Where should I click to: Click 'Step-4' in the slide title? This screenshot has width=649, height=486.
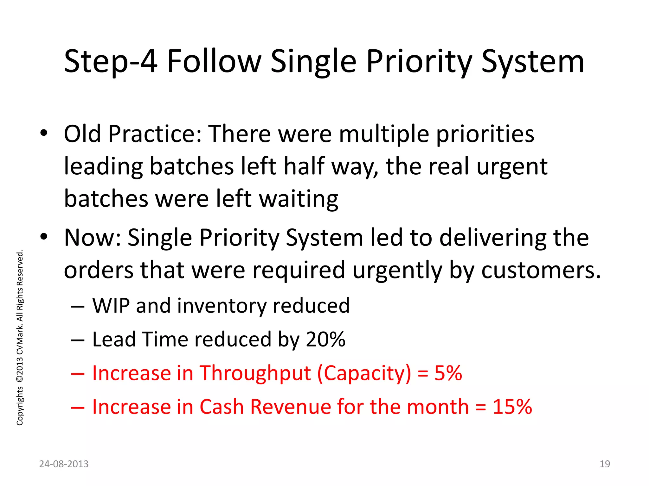[x=110, y=62]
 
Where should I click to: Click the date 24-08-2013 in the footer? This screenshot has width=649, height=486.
[x=64, y=464]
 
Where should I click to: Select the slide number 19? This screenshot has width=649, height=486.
[x=605, y=464]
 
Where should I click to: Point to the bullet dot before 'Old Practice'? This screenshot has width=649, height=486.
[x=44, y=134]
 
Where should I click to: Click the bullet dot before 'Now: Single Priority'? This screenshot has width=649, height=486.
[x=44, y=237]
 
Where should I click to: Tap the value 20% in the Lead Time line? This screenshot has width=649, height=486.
[x=325, y=340]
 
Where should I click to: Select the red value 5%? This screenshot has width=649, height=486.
[x=448, y=373]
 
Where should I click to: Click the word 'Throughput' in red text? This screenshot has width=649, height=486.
[x=255, y=373]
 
